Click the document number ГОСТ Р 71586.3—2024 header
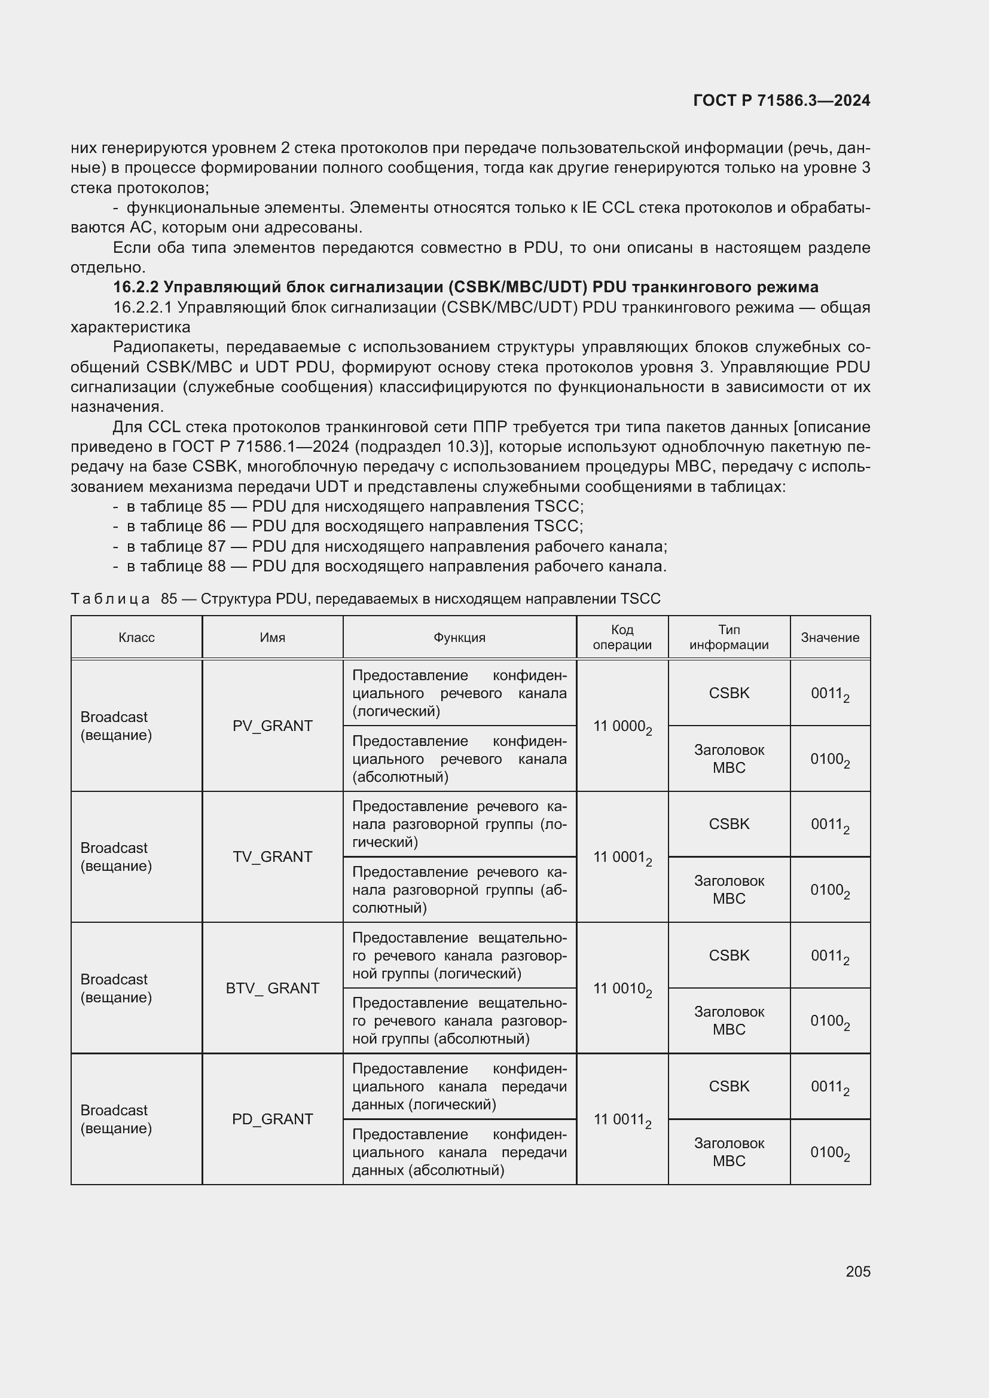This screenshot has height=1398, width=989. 782,100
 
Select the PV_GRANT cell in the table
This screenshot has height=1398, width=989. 272,726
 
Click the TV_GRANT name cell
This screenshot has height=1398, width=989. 272,856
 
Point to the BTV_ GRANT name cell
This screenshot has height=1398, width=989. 272,987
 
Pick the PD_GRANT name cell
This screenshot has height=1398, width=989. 272,1119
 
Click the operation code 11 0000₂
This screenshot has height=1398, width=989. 622,726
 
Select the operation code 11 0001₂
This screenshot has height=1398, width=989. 622,857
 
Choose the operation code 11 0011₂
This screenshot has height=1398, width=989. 622,1119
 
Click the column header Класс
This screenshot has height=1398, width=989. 136,638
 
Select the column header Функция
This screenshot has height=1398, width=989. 459,638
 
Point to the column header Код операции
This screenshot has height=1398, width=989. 622,638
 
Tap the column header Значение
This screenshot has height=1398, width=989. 829,638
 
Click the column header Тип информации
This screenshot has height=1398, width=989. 728,638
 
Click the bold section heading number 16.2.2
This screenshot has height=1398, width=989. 136,287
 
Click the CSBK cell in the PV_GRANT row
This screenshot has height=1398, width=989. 728,693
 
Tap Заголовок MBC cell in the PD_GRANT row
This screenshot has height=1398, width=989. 728,1152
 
